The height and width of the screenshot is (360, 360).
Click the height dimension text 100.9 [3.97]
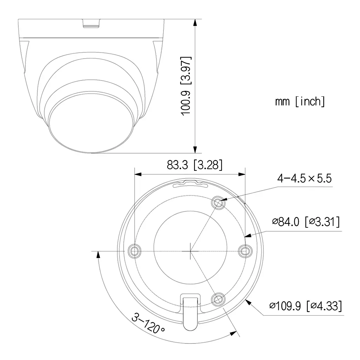pyautogui.click(x=185, y=85)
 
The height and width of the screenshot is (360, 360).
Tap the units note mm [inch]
pyautogui.click(x=300, y=102)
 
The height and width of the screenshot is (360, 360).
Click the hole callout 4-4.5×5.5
pyautogui.click(x=304, y=178)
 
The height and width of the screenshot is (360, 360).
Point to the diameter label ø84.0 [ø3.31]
pyautogui.click(x=306, y=222)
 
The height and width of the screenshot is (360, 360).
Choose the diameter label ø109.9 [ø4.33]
pyautogui.click(x=305, y=306)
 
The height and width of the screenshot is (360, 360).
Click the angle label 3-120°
pyautogui.click(x=148, y=323)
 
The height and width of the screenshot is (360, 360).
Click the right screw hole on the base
pyautogui.click(x=245, y=251)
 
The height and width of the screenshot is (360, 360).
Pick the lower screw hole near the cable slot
pyautogui.click(x=218, y=299)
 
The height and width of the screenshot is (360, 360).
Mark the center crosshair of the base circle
pyautogui.click(x=190, y=251)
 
